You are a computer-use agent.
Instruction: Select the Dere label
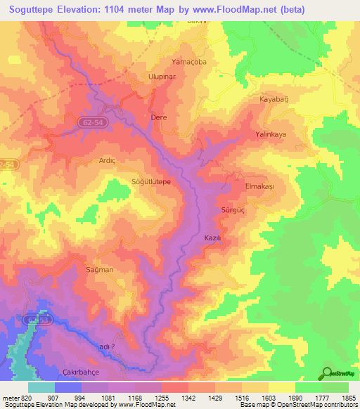click(x=159, y=117)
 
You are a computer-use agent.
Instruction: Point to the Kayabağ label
click(x=274, y=100)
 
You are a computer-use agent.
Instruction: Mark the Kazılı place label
click(x=212, y=238)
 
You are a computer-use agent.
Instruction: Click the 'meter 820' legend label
click(x=18, y=398)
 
